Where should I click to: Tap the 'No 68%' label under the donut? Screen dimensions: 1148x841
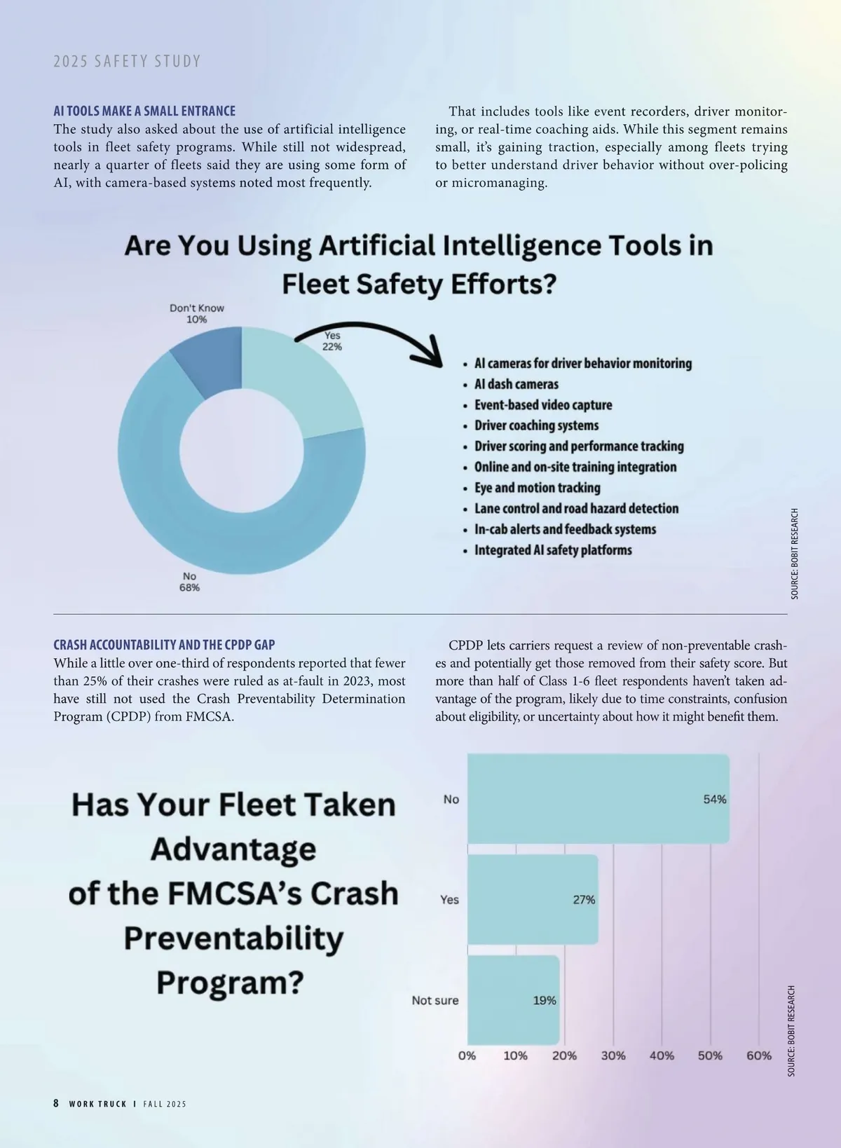pos(189,582)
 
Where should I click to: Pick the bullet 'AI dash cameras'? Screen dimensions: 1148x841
pos(516,384)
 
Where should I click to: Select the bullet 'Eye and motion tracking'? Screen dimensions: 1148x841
pos(537,488)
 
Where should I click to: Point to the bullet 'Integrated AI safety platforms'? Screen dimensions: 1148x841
pos(553,550)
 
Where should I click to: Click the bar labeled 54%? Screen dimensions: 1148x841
pos(597,799)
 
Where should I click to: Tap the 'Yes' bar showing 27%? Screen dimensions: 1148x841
pos(532,899)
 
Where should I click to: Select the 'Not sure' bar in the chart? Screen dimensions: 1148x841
pos(512,1000)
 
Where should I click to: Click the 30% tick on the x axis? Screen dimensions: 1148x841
pos(613,1055)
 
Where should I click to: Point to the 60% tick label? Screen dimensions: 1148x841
pos(759,1055)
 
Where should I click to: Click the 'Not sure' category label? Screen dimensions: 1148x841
pos(435,1000)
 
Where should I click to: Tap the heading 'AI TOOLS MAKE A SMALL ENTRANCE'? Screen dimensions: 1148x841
pos(144,111)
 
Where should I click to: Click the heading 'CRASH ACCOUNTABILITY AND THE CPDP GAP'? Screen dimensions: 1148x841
pos(164,645)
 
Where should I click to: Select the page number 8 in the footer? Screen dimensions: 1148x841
pos(56,1103)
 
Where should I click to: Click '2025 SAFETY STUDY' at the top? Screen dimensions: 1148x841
pos(127,62)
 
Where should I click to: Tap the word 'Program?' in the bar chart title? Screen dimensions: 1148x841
pos(231,982)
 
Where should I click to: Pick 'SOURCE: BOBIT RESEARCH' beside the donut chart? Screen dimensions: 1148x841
pos(794,554)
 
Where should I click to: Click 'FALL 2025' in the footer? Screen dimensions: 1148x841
pos(165,1104)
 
